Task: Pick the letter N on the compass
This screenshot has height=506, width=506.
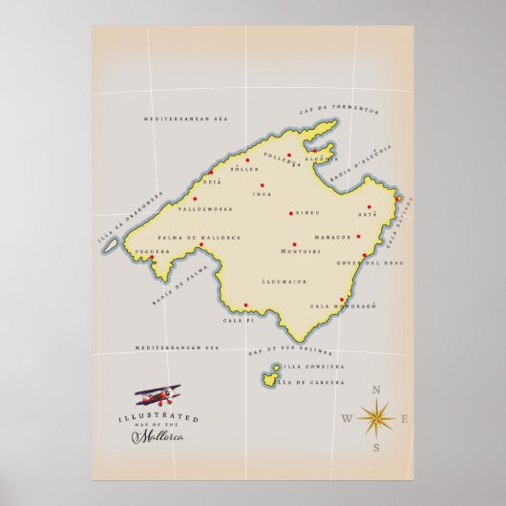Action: (376, 390)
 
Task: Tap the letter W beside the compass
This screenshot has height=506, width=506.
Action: (346, 419)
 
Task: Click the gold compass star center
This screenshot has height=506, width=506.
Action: (376, 417)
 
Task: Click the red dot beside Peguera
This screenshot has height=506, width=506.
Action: (153, 257)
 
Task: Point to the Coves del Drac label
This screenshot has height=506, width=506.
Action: (363, 263)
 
